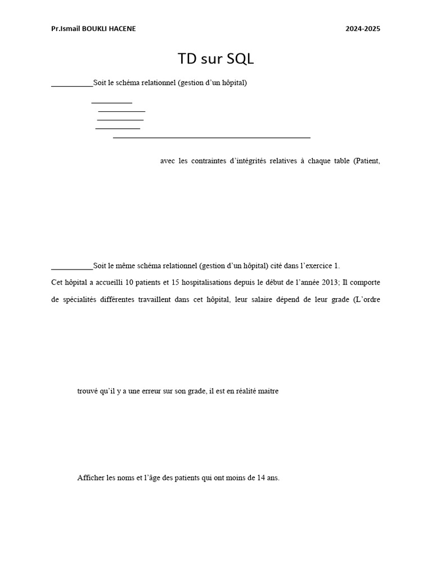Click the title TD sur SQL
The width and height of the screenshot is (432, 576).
tap(215, 59)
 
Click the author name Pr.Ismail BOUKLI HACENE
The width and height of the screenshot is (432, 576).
tap(93, 29)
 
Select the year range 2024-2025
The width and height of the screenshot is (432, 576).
tap(363, 29)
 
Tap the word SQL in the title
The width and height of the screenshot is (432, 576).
tap(241, 59)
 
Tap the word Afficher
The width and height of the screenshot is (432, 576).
tap(91, 478)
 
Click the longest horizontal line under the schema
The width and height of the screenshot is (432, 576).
tap(211, 137)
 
